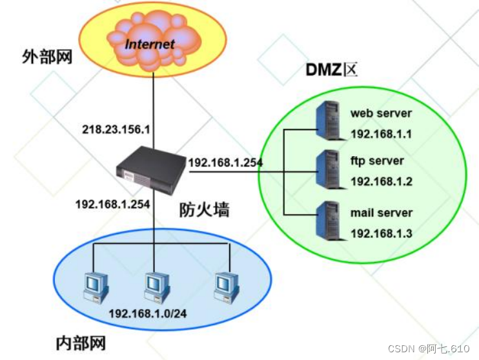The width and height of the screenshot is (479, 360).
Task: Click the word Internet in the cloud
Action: tap(150, 45)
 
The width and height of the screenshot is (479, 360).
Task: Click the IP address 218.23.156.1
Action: tap(116, 129)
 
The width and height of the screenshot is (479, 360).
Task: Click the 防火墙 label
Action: tap(204, 210)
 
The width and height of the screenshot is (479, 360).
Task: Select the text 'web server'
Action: tap(381, 114)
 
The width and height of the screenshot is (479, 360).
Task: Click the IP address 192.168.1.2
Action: tap(381, 182)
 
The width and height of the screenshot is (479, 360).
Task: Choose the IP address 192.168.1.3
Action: tap(381, 234)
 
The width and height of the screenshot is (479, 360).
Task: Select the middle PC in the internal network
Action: tap(156, 284)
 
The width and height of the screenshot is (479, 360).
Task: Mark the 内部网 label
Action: tap(80, 343)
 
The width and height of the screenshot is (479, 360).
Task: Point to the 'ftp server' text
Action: tap(377, 161)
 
